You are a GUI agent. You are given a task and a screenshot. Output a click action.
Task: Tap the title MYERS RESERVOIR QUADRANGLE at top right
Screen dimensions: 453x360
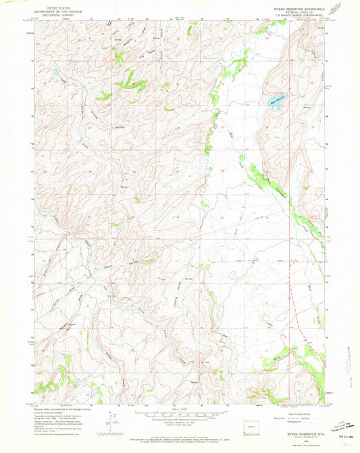298,8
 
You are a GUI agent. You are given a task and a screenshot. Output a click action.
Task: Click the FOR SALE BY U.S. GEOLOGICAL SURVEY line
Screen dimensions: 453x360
179,433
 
